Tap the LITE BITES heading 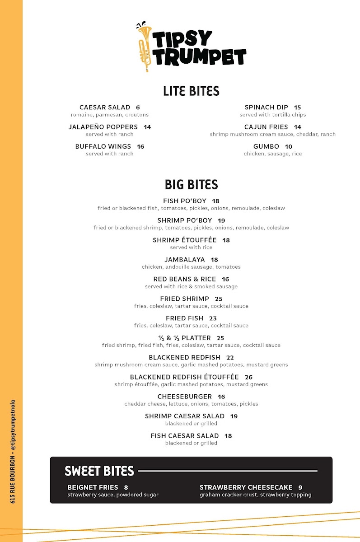191,91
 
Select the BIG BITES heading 191,184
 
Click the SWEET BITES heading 99,471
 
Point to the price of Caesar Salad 138,107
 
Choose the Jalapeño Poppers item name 103,127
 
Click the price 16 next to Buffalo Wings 140,147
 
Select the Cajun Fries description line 272,134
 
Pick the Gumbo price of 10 289,147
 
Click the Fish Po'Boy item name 184,201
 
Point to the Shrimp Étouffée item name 184,240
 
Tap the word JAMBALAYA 184,260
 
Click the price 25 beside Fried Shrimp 219,299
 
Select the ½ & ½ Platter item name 184,338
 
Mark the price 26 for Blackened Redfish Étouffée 248,377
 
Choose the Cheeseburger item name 184,397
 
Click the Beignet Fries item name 93,487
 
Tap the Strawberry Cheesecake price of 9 300,488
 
